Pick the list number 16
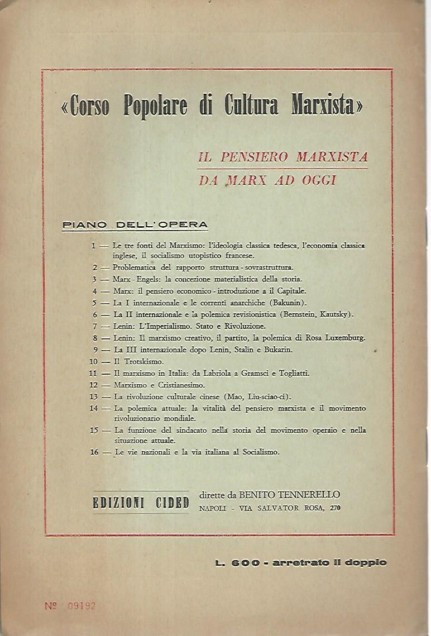pos(93,452)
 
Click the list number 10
pos(93,361)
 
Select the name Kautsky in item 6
pos(333,314)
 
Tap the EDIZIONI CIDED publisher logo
pos(141,502)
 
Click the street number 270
pos(335,508)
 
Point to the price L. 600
pos(237,562)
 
